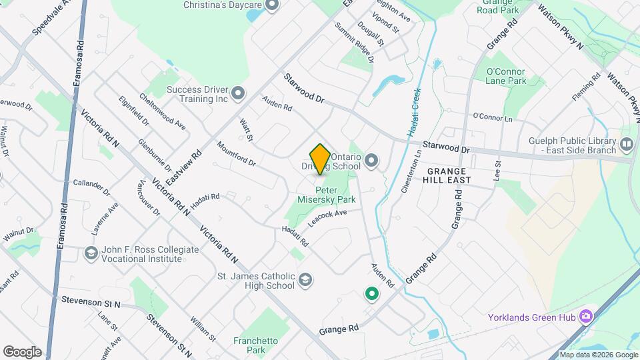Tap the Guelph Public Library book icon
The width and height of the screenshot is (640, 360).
click(626, 144)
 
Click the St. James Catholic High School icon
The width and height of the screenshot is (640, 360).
click(305, 279)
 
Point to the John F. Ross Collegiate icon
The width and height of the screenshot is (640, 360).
click(91, 253)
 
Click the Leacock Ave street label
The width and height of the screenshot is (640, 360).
click(327, 218)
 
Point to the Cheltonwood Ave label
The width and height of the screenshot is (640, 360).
click(162, 110)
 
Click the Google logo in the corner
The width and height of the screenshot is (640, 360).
click(22, 351)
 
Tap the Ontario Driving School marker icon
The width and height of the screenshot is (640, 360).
click(371, 161)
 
